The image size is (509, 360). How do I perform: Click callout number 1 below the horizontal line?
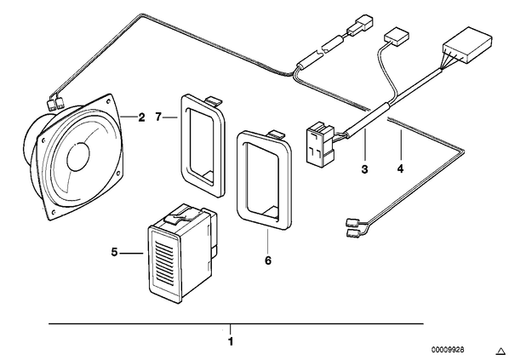tap(231, 342)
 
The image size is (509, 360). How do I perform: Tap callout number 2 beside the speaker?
tap(141, 117)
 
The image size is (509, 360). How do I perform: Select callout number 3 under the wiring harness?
tap(365, 169)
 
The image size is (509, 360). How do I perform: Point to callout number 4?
tap(400, 169)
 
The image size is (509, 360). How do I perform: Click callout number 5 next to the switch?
tap(114, 252)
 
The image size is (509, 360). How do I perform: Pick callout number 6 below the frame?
tap(268, 260)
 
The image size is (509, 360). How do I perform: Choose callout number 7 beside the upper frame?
tap(158, 117)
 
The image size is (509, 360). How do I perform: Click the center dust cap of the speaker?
tap(77, 157)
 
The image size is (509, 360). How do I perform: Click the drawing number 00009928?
tap(448, 350)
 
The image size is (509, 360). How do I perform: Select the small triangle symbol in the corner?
tap(500, 351)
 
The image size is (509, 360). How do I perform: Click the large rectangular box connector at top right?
tap(467, 45)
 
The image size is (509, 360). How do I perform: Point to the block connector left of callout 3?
tap(320, 145)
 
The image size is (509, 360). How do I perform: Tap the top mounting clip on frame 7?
tap(214, 100)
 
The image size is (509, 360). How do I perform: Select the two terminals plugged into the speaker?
tap(55, 104)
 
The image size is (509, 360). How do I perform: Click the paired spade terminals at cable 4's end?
tap(353, 227)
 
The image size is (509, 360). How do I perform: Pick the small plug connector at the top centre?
tap(360, 25)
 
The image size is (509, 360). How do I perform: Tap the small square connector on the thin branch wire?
tap(397, 38)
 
